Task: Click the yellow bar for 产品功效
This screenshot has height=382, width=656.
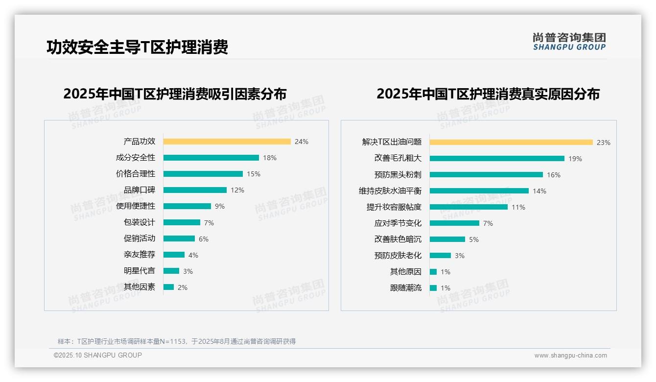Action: pos(227,142)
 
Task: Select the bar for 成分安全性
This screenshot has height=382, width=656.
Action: pos(211,158)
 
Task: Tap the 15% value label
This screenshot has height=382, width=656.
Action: pos(254,174)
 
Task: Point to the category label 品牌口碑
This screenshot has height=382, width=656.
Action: pos(139,190)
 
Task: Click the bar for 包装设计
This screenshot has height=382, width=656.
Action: pos(182,222)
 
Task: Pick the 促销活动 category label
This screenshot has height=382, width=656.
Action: pos(139,239)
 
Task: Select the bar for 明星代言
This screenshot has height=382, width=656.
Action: pos(171,271)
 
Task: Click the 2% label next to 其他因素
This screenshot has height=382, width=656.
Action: pos(183,287)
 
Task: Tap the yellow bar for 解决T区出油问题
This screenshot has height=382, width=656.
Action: pos(511,143)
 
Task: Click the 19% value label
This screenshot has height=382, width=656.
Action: pos(575,159)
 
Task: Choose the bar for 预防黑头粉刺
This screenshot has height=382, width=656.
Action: pos(486,175)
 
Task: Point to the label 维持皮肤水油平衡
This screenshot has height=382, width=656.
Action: pos(390,191)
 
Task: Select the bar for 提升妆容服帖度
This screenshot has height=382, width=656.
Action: pos(469,207)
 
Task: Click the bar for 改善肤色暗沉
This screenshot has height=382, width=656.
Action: pos(447,239)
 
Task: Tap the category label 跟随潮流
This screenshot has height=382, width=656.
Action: pos(405,288)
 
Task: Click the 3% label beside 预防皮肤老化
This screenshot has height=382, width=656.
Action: pos(460,256)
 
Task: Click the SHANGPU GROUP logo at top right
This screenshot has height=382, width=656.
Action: pos(569,41)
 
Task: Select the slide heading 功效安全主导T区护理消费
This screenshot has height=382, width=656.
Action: pos(137,48)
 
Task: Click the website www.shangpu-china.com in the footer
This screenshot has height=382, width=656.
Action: pos(570,356)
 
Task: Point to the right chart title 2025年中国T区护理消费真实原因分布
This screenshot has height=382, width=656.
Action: pos(488,94)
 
